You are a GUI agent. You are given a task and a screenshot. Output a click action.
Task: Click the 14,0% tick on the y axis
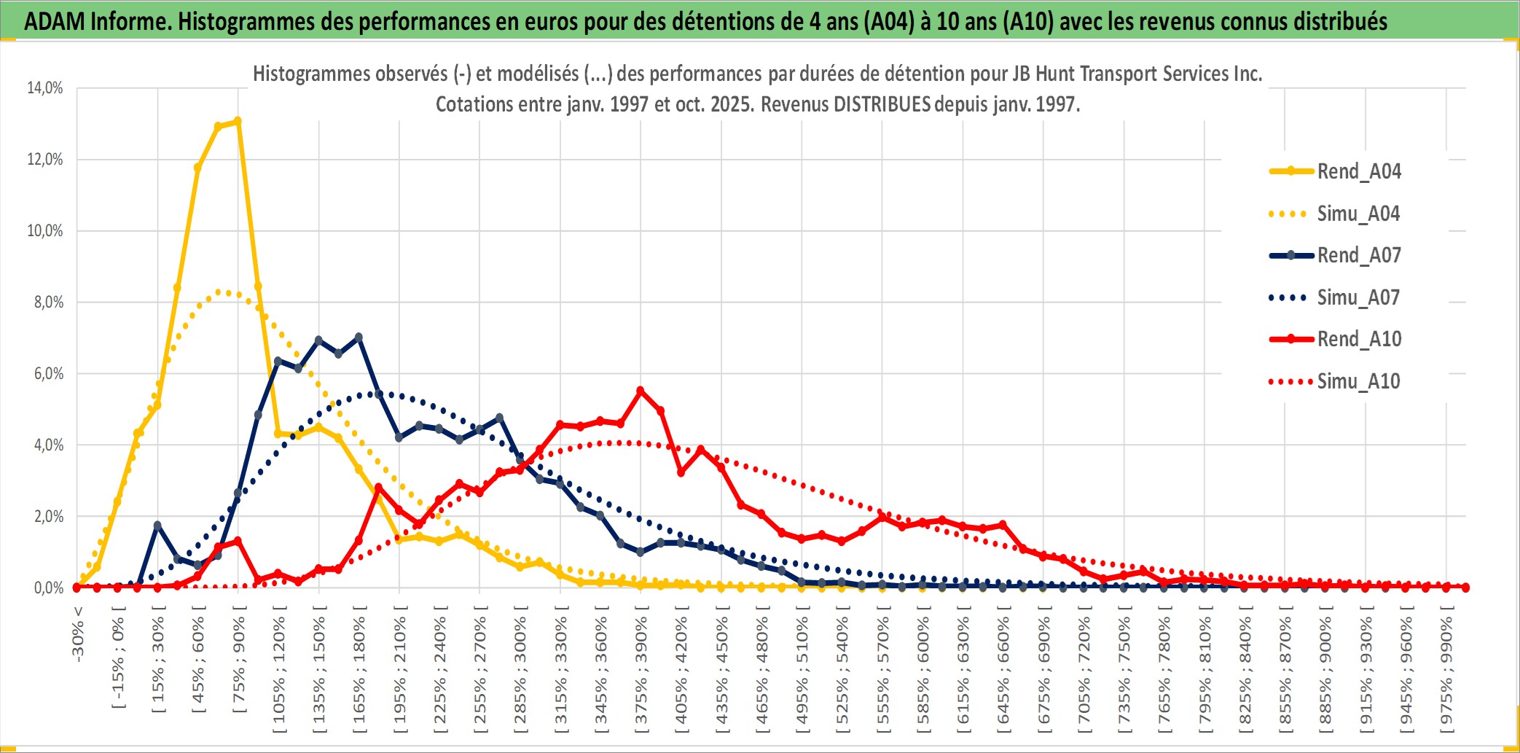click(x=45, y=88)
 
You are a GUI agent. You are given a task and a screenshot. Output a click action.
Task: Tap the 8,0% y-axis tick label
click(x=48, y=303)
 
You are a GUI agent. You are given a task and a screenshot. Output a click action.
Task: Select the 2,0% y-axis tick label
click(x=48, y=517)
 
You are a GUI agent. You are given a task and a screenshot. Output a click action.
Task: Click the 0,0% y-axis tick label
click(x=48, y=588)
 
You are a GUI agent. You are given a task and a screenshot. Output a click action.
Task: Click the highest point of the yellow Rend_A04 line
click(x=238, y=121)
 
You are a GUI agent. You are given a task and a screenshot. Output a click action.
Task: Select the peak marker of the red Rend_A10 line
click(x=640, y=391)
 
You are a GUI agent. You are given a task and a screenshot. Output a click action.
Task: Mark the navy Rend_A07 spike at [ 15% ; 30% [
click(x=157, y=525)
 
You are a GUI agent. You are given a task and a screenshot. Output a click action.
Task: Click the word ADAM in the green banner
click(x=55, y=21)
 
